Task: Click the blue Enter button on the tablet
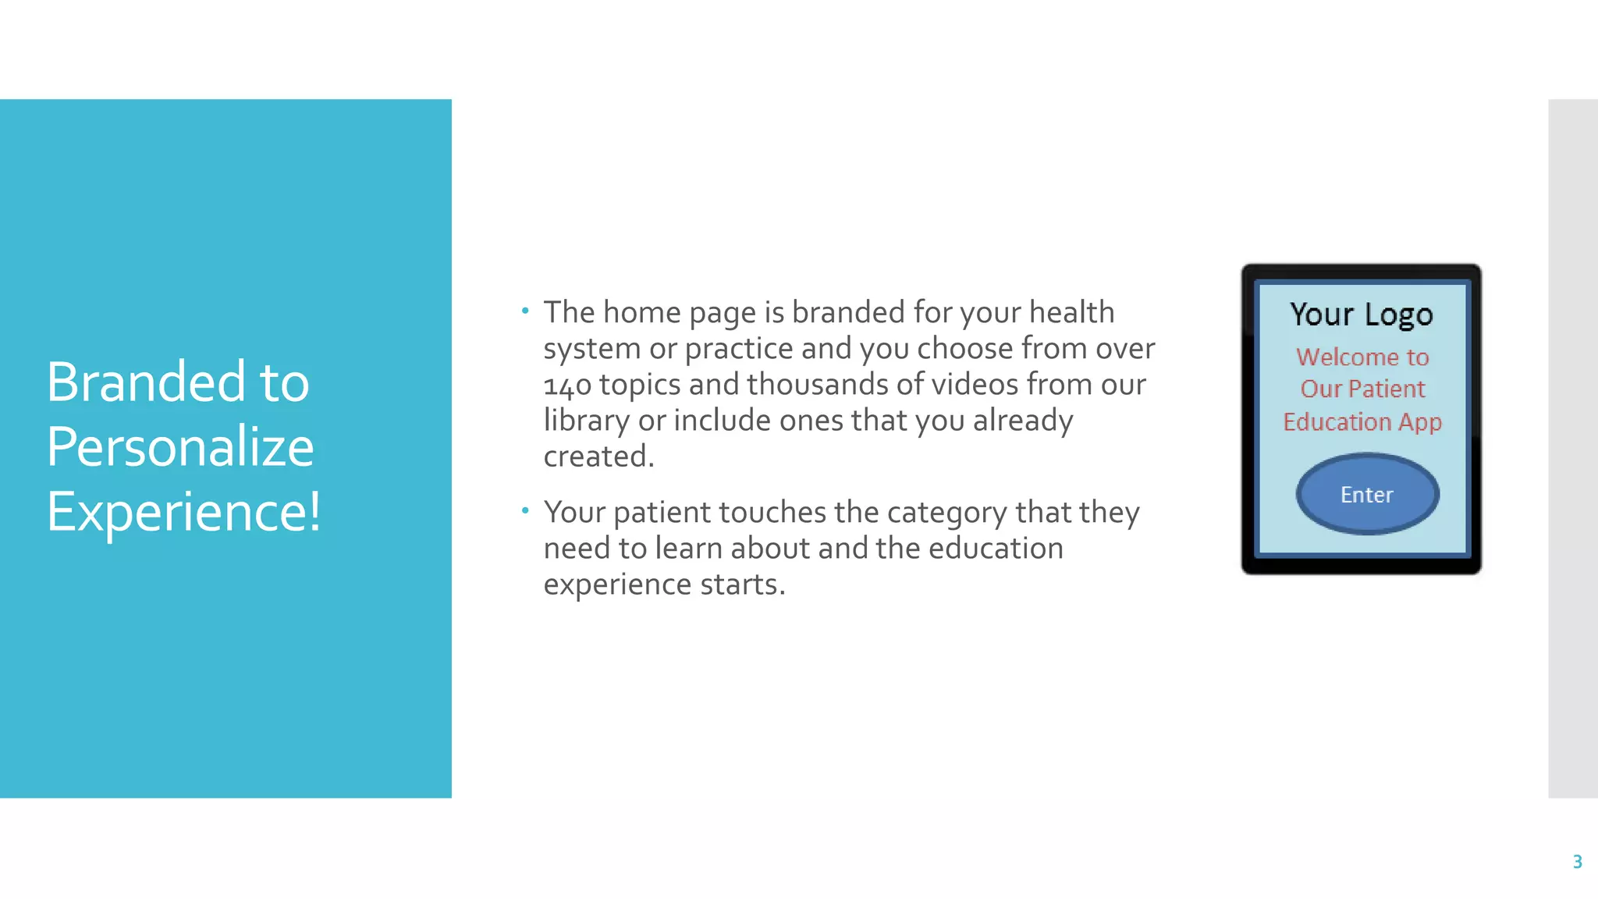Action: point(1367,494)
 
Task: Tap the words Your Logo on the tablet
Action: point(1362,314)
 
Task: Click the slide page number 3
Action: point(1577,862)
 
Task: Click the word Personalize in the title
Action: point(180,447)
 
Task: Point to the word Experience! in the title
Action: point(183,512)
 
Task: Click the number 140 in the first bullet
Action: point(567,385)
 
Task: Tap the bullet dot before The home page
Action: point(525,311)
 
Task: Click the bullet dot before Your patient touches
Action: point(525,511)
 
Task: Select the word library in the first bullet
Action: point(586,421)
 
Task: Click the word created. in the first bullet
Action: point(598,457)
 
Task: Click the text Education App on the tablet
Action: point(1362,422)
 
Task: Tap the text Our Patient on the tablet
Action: point(1362,389)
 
